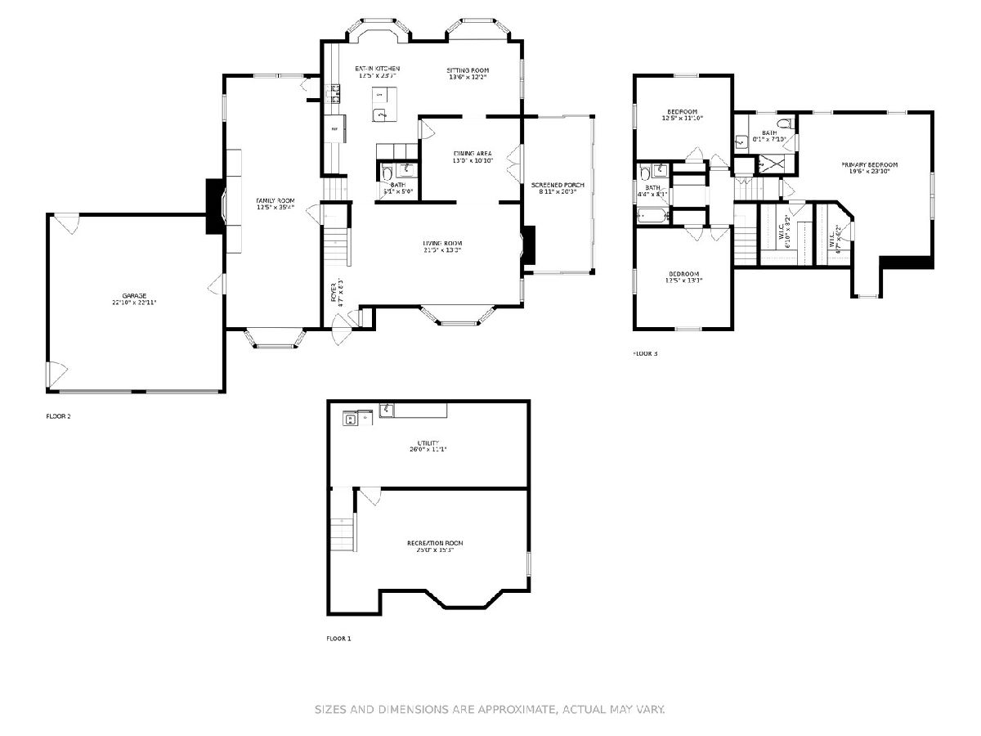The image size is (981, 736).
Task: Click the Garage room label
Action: pyautogui.click(x=135, y=298)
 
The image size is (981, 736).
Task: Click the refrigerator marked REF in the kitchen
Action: pyautogui.click(x=335, y=129)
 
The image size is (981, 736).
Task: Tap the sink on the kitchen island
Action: pyautogui.click(x=379, y=115)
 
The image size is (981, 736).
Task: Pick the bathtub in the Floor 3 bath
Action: pyautogui.click(x=653, y=216)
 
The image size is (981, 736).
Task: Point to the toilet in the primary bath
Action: pyautogui.click(x=784, y=124)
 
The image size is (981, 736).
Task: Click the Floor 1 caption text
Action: pyautogui.click(x=338, y=638)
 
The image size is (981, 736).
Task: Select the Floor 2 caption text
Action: pyautogui.click(x=58, y=416)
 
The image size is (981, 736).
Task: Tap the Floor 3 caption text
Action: pyautogui.click(x=645, y=354)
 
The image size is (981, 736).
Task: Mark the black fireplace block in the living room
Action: pyautogui.click(x=529, y=245)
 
